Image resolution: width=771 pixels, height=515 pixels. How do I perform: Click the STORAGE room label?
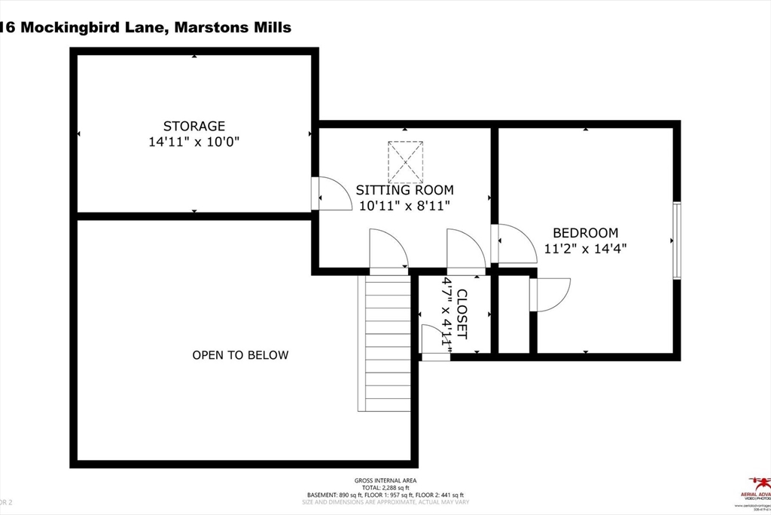coord(194,126)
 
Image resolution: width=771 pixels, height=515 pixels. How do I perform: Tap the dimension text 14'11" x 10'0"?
coord(194,141)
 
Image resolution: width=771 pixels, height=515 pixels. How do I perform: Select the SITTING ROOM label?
coord(405,191)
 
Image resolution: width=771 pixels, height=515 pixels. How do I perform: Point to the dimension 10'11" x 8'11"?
coord(405,206)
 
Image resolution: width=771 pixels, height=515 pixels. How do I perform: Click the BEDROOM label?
coord(585,233)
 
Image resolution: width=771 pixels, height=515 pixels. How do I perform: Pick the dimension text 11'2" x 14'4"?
coord(585,248)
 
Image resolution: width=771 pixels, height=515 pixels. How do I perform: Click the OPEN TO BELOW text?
coord(240,355)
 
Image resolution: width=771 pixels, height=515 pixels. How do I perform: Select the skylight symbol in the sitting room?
coord(405,161)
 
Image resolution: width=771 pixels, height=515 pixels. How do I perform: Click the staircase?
coord(385,343)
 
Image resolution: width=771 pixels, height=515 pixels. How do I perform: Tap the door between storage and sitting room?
coord(331,195)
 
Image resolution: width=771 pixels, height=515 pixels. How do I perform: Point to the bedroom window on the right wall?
coord(676,241)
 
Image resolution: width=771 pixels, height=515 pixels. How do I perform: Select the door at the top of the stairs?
coord(388,251)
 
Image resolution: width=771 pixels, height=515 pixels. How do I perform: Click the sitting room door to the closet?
coord(465,251)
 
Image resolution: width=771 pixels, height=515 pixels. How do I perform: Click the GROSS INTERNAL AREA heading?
coord(385,481)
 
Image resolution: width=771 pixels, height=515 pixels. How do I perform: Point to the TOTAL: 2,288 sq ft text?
coord(385,488)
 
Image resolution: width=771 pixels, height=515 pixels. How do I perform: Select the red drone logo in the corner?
coord(759,483)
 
